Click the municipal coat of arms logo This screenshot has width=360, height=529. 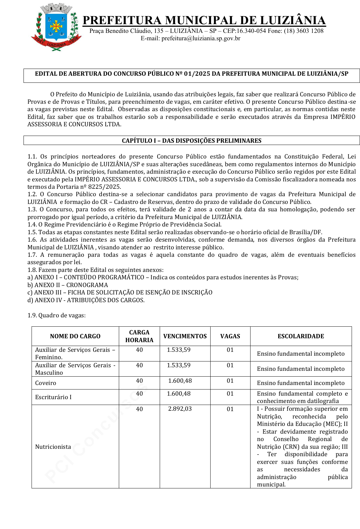coord(56,27)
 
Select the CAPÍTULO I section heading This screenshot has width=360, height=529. coord(192,140)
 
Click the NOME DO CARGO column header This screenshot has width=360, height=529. coord(75,336)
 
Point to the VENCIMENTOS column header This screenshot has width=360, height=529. coord(185,336)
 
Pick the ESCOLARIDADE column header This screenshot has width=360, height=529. coord(301,336)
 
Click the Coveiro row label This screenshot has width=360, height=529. coord(46,383)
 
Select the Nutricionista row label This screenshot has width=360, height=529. coord(53,447)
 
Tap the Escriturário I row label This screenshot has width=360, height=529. coord(53,397)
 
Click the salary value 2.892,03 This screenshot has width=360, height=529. coord(180,409)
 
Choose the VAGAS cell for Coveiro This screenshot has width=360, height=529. coord(230,381)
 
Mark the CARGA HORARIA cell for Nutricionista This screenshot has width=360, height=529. coord(139,409)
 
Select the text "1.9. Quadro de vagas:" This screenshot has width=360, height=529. coord(57,315)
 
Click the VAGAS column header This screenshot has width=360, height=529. coord(230,336)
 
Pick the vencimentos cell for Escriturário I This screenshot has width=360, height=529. coord(179,394)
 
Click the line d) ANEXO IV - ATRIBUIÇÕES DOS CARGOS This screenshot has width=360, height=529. coord(86,300)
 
